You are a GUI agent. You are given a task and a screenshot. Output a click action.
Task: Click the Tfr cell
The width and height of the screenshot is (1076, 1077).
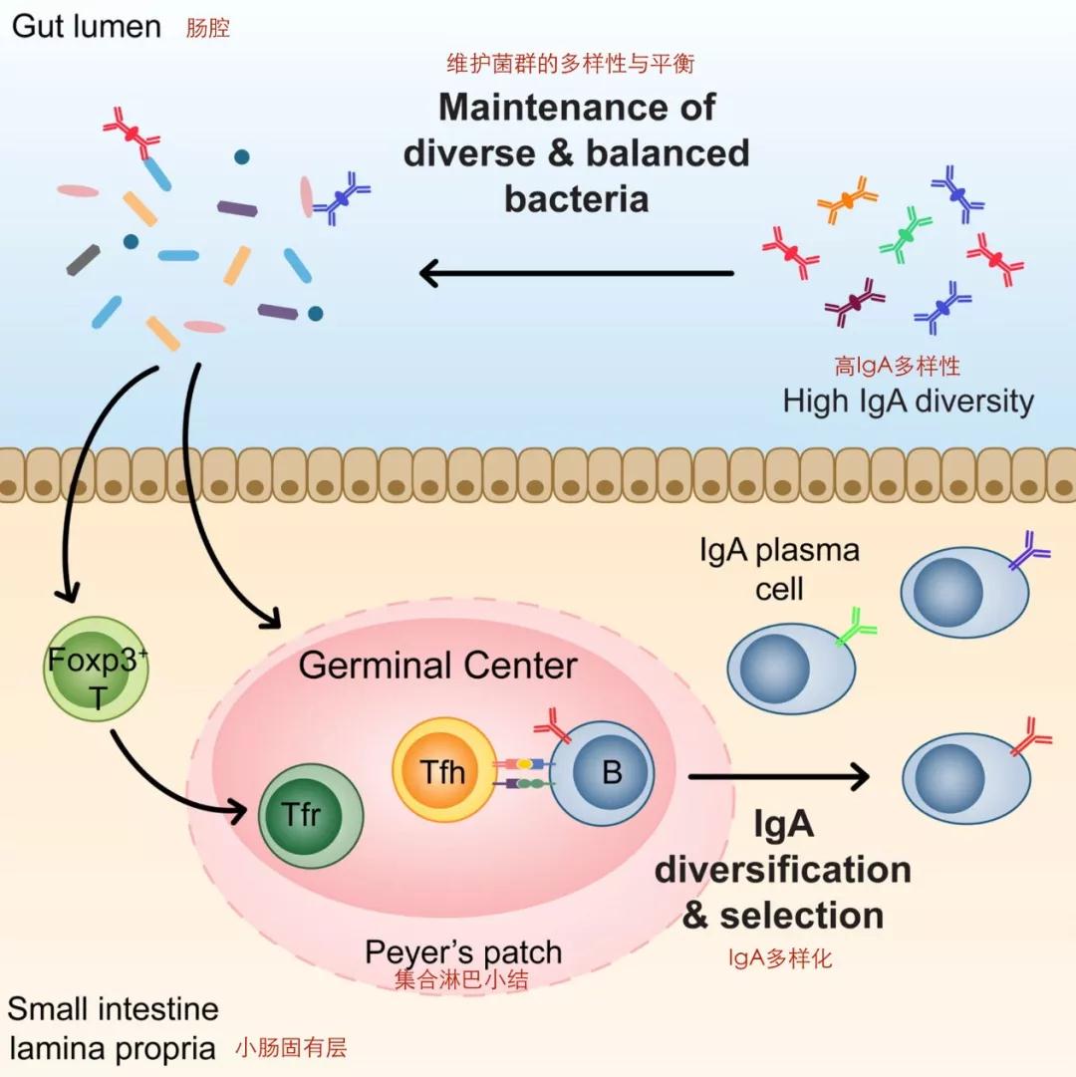point(311,816)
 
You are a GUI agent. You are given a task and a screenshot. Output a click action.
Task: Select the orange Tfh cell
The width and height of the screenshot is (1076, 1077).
point(443,770)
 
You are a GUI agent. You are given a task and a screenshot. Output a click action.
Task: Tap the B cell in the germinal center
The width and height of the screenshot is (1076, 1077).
point(602,773)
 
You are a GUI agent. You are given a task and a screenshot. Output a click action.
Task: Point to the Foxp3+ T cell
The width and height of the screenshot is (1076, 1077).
point(96,669)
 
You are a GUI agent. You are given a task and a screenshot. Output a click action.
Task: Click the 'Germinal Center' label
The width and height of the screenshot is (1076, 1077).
point(437,665)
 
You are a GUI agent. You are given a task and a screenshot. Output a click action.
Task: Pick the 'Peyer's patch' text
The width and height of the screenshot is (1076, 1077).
point(463,952)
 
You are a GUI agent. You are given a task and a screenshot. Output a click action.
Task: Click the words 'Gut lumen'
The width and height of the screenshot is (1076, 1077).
point(87,27)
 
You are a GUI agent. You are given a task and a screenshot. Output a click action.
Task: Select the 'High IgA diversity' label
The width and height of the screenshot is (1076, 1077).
point(908,402)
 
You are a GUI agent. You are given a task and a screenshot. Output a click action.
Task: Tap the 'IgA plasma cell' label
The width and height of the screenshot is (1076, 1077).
point(779,569)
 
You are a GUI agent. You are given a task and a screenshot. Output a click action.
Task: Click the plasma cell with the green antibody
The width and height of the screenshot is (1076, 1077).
point(793,667)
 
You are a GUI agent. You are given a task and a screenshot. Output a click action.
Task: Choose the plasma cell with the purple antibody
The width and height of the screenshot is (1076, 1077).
point(964,591)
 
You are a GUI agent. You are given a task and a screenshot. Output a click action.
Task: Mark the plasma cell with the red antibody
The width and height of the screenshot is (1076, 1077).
point(966,777)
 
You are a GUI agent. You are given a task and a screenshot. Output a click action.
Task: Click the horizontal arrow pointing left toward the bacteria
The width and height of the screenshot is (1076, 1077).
point(577,273)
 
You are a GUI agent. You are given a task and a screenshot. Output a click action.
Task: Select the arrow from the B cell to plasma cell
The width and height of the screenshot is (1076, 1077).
point(779,777)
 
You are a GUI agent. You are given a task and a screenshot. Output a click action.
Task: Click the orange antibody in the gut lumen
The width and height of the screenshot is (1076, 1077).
point(847,199)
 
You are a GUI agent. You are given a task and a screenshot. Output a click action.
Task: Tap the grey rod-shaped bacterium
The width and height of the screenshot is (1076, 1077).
point(83,260)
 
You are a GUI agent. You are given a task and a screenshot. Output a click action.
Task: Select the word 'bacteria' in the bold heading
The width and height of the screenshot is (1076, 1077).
point(577,199)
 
